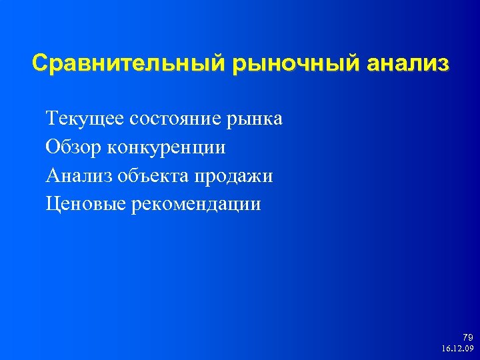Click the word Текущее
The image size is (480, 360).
pos(79,119)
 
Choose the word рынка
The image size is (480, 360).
pos(256,119)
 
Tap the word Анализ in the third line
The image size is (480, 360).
pos(79,175)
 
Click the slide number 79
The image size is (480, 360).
pos(466,337)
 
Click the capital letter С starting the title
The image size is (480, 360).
pos(40,64)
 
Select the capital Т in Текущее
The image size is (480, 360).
pos(52,119)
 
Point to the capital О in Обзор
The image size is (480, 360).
pos(53,147)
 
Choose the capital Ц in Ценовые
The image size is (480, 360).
pos(53,203)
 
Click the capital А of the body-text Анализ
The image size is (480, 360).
pos(53,175)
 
